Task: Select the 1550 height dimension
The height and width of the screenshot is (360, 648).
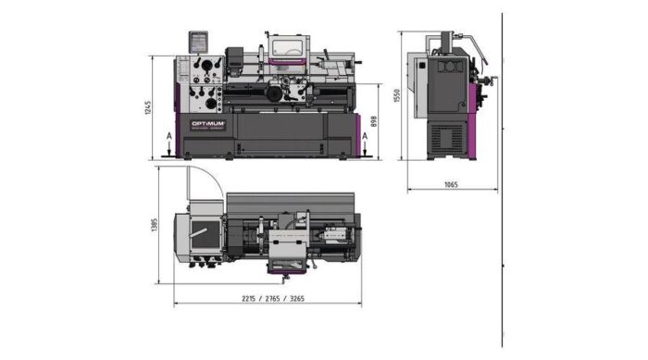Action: click(x=396, y=96)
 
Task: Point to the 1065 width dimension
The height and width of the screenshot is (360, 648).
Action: click(x=451, y=185)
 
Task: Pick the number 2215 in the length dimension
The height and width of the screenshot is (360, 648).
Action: click(x=249, y=298)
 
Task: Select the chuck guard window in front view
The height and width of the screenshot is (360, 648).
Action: click(x=289, y=46)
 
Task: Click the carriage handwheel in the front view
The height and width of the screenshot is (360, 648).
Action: click(x=275, y=94)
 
